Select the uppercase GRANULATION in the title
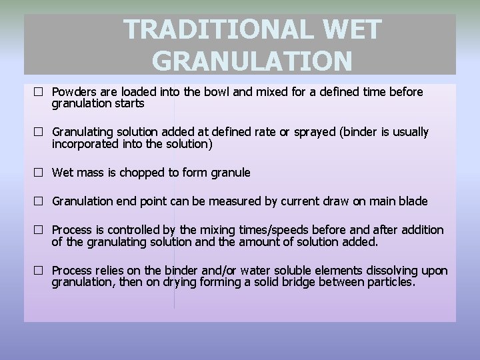click(x=252, y=61)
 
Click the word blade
click(x=413, y=201)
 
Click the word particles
click(x=391, y=283)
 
